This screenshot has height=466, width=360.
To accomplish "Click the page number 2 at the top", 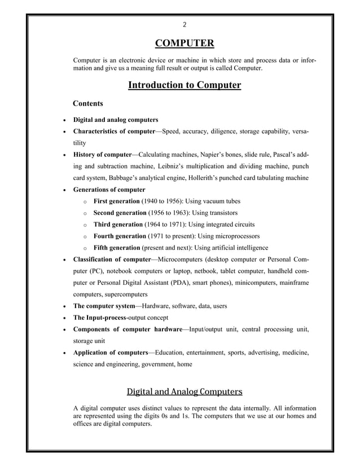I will coord(185,24).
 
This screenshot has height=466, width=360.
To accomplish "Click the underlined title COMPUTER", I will coord(185,44).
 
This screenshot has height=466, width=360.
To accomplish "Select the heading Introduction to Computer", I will coord(185,85).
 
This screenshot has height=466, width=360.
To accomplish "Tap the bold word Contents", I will coord(88,104).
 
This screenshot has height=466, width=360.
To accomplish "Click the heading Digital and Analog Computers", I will coord(185,391).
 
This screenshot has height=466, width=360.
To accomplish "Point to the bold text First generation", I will coord(116,201).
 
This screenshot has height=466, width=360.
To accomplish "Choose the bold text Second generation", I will coord(119,213).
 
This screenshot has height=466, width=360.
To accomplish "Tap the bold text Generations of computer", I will coord(109,190).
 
